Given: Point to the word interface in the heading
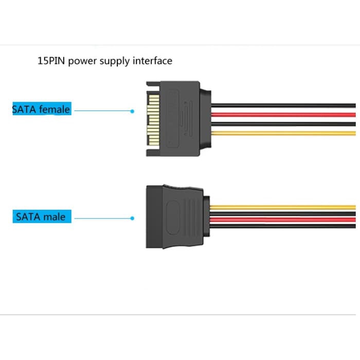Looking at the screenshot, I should (152, 61).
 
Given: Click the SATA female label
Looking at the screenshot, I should (41, 109).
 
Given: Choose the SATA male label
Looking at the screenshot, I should (41, 217).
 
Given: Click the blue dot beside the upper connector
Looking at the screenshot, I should (132, 111).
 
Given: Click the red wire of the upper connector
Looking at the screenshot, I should (283, 114).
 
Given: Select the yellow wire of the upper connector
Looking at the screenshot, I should (283, 133).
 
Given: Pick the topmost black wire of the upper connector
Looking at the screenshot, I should (283, 105).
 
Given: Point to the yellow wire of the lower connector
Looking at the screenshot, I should (283, 207).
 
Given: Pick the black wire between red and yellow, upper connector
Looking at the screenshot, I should (283, 123).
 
